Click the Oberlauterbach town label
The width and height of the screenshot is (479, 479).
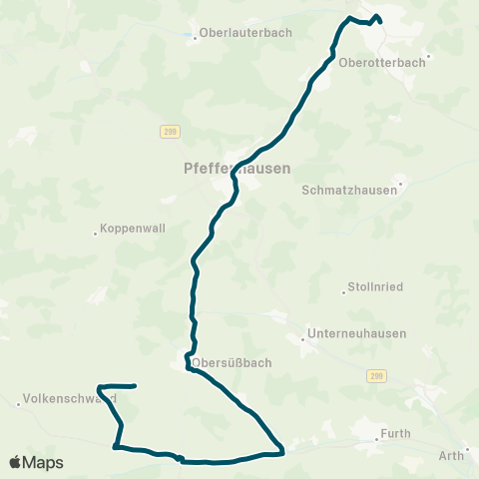[245, 32]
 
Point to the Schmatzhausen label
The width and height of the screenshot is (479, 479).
[348, 190]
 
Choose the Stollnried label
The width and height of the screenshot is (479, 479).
[375, 287]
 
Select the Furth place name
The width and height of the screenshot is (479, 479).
[396, 435]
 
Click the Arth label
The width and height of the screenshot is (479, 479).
[451, 456]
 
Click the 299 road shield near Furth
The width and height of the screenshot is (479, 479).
[375, 375]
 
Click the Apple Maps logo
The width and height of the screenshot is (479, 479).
[36, 462]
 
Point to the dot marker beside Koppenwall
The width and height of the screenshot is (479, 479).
[95, 234]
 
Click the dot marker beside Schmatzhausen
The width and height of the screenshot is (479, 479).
[401, 183]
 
